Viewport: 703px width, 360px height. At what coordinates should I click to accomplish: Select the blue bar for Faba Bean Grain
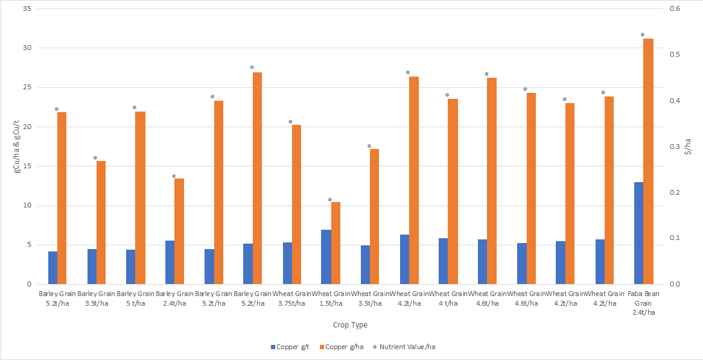(x=638, y=233)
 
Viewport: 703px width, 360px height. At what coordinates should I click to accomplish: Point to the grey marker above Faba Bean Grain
(x=643, y=35)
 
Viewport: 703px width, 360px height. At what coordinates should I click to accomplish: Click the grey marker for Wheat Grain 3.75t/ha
(x=290, y=122)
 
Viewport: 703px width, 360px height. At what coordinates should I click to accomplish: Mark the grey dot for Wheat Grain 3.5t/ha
(x=369, y=146)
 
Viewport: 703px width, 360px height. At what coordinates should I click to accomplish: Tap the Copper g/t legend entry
(x=290, y=347)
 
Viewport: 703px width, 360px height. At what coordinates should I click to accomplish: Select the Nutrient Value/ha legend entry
(x=407, y=347)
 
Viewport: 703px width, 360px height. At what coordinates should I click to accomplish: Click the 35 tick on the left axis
(x=26, y=9)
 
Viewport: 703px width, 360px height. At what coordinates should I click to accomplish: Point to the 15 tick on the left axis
(x=26, y=166)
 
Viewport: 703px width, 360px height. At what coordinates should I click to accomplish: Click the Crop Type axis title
(x=350, y=325)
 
